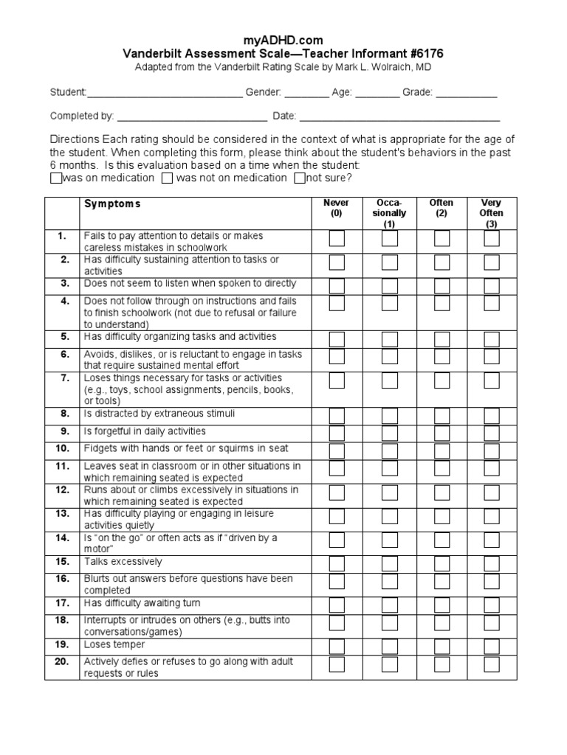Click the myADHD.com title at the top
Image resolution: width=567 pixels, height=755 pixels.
pos(283,40)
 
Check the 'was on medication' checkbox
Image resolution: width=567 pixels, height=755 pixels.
pos(56,178)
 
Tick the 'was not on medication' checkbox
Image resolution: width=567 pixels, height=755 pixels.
pos(168,178)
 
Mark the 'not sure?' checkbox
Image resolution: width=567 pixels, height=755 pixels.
pos(300,178)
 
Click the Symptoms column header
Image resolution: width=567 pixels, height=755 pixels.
pos(112,203)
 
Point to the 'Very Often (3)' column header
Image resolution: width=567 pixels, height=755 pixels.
pos(491,213)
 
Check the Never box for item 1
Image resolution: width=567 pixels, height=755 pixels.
pos(337,239)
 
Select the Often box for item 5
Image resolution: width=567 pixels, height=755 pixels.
pos(442,339)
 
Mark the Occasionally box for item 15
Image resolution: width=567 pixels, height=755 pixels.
pos(390,563)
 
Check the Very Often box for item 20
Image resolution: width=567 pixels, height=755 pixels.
pos(492,664)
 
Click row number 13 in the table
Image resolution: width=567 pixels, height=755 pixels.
pos(62,513)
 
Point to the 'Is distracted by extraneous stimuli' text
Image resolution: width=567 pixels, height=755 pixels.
pos(159,414)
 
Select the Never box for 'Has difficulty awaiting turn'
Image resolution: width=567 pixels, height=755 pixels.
pos(337,605)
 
